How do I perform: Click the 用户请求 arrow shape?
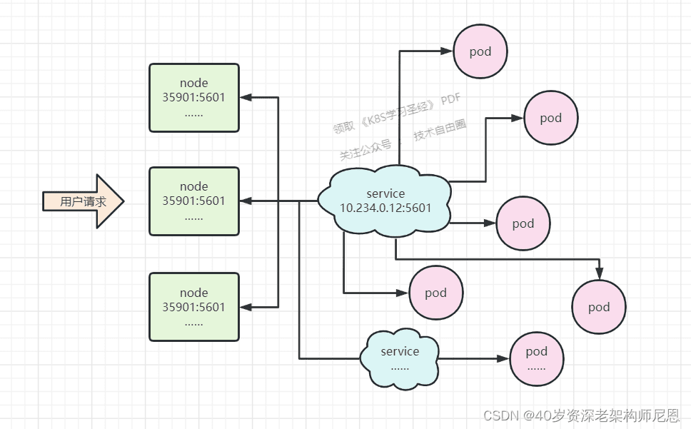click(x=84, y=201)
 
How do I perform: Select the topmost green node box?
click(x=194, y=98)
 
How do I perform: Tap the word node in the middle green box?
click(x=194, y=186)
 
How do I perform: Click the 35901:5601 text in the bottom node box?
click(x=194, y=307)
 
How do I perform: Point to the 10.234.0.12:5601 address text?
click(x=385, y=208)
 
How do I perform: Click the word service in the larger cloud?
click(x=385, y=193)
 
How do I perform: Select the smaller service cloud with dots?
click(x=400, y=358)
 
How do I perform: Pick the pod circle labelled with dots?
click(x=537, y=358)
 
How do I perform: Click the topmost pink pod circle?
click(x=480, y=51)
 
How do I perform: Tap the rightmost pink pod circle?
click(x=599, y=306)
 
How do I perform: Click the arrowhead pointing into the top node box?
click(x=246, y=97)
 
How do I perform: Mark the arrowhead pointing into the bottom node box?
click(x=246, y=307)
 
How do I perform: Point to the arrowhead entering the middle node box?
click(x=246, y=201)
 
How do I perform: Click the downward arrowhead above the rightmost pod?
click(x=599, y=273)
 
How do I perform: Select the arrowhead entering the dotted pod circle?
click(x=503, y=358)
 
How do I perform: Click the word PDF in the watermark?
click(x=450, y=99)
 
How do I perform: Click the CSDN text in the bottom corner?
click(x=501, y=415)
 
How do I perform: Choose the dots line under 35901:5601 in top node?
click(x=194, y=114)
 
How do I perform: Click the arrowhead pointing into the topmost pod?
click(x=447, y=51)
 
